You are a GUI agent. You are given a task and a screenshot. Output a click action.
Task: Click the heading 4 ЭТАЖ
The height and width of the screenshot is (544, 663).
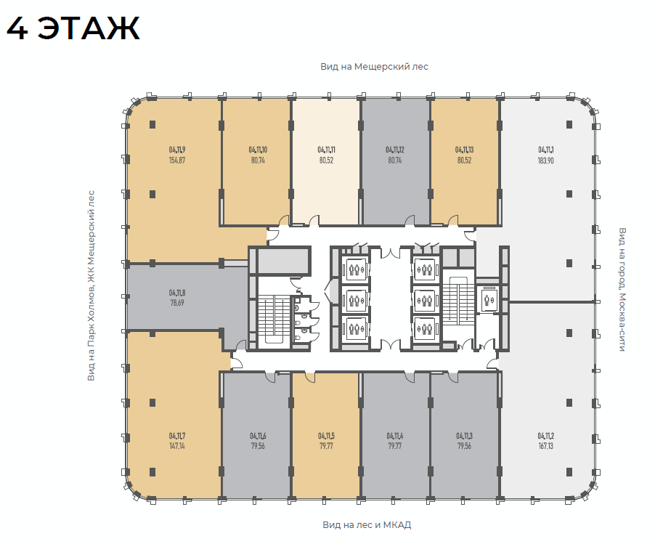click(73, 29)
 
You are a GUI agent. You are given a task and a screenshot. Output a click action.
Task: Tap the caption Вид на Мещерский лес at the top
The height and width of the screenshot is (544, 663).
click(374, 67)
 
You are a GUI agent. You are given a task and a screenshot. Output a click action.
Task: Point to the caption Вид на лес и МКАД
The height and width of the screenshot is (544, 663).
click(367, 525)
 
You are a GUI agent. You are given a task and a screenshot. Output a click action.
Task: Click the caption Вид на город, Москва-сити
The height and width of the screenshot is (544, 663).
click(622, 289)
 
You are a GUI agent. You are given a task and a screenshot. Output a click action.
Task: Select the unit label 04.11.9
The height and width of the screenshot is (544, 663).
click(177, 150)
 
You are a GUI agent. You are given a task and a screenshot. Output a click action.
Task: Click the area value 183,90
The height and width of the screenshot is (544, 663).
click(546, 161)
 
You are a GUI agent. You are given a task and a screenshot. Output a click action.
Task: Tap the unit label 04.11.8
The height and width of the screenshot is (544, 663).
click(177, 293)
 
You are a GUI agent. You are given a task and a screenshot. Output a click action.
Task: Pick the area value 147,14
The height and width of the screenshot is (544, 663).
click(177, 446)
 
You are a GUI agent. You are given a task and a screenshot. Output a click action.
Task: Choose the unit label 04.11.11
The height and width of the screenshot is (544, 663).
click(327, 150)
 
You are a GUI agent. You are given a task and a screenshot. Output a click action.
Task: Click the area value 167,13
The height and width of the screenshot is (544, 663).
click(546, 446)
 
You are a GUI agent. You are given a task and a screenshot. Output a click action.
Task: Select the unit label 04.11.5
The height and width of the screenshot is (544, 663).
click(327, 436)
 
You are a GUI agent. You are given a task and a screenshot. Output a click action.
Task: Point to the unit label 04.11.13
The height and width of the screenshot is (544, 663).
click(464, 150)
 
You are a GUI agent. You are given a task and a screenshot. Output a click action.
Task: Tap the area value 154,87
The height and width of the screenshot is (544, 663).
click(177, 161)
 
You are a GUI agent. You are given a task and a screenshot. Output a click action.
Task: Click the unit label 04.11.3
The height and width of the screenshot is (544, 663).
click(464, 436)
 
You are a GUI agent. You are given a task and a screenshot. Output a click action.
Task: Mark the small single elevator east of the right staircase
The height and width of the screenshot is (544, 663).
click(488, 299)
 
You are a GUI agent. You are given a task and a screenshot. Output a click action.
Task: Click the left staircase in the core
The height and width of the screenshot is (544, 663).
click(273, 322)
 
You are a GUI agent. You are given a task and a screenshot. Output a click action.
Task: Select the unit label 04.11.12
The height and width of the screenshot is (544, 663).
click(395, 150)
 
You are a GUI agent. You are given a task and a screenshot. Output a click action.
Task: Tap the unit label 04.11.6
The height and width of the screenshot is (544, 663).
click(258, 436)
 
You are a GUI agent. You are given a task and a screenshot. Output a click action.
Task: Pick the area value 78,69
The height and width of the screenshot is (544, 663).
click(177, 303)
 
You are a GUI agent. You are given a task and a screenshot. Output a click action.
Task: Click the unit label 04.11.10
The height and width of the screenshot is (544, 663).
click(258, 150)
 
